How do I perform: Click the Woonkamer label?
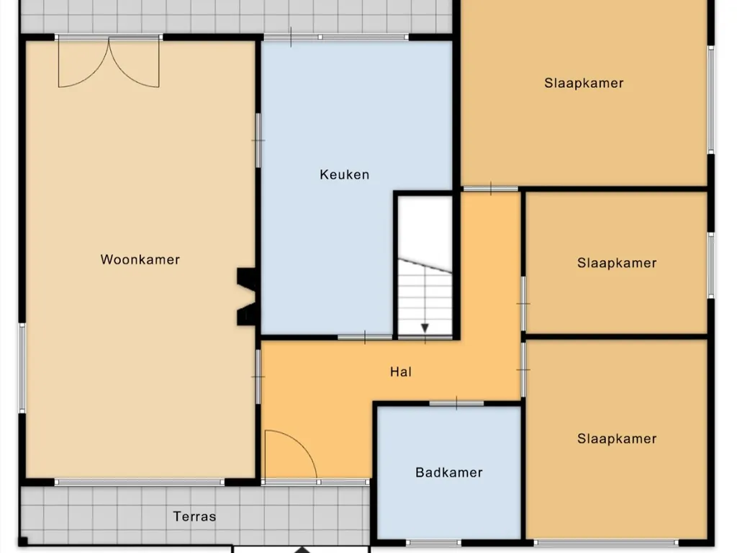click(140, 259)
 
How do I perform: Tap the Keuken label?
click(345, 175)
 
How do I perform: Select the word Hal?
click(401, 372)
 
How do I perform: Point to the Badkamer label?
click(449, 472)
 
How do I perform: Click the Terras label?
click(194, 517)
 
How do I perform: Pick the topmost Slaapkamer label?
click(584, 84)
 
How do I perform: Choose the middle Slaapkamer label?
click(617, 263)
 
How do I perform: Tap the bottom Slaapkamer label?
click(617, 439)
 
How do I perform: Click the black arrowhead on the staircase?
click(425, 328)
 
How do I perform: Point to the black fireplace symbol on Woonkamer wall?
click(246, 297)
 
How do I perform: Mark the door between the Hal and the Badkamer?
click(456, 403)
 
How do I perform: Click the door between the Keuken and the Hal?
click(365, 337)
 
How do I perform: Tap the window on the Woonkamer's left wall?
click(22, 368)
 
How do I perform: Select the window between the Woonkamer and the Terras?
click(140, 482)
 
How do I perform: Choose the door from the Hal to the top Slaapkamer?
click(490, 189)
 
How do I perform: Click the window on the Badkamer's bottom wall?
click(433, 543)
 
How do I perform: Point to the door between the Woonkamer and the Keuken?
click(258, 140)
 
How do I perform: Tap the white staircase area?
click(425, 266)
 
